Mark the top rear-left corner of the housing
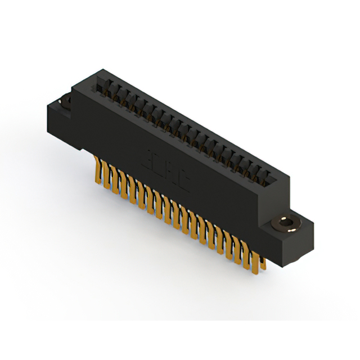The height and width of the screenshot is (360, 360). [x=100, y=70]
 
